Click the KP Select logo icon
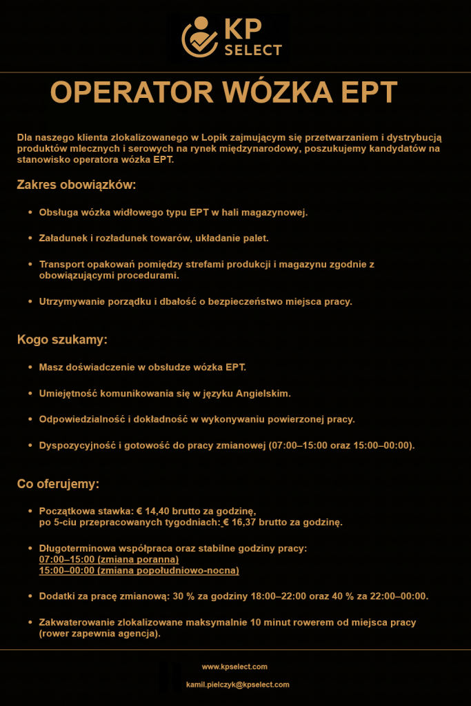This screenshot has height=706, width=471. pos(199,37)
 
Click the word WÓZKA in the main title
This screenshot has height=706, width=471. pos(276,93)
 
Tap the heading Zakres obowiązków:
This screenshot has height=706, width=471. pos(76,185)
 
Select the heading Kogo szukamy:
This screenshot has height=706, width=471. pos(62,340)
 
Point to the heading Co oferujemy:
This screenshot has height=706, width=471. pos(58,484)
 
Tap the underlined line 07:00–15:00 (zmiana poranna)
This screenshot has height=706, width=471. pos(109,559)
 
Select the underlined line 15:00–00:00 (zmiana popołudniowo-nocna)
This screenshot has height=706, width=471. pos(139,570)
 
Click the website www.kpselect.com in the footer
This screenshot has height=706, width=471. pos(234,667)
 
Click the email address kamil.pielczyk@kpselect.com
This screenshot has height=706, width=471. pos(238,685)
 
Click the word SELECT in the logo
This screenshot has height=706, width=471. pos(253,50)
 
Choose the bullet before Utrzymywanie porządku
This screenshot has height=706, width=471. pos(30,301)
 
